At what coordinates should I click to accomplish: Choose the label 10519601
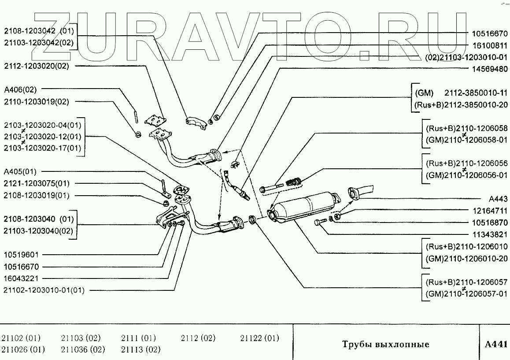22,255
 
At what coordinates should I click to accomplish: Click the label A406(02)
20,89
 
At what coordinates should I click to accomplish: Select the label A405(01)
20,171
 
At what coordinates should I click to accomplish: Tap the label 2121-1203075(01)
37,183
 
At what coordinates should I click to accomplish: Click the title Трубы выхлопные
385,344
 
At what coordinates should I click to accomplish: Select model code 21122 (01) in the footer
259,338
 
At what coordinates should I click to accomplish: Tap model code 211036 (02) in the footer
83,350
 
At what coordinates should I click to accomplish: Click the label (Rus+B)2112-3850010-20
461,104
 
